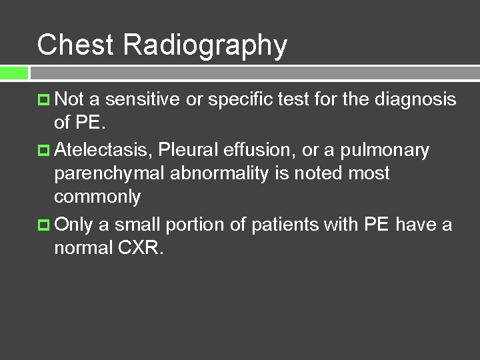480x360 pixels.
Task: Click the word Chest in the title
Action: point(77,45)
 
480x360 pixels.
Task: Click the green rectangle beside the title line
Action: point(14,72)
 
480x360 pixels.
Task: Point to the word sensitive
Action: point(143,100)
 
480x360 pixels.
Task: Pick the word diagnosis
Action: point(415,100)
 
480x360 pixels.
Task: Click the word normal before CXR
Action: point(83,248)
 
